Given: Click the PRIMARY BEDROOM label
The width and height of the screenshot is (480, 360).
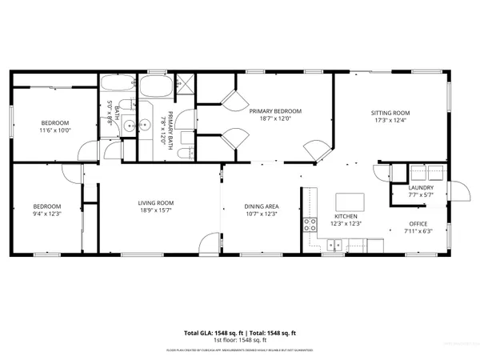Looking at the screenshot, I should pyautogui.click(x=274, y=111).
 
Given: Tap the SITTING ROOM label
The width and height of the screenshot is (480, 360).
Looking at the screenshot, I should pyautogui.click(x=390, y=113).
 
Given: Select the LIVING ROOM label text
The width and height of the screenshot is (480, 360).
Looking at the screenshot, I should pyautogui.click(x=156, y=204).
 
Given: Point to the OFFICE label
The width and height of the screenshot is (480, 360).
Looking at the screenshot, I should pyautogui.click(x=418, y=223).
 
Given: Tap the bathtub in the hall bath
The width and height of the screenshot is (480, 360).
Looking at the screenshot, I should pyautogui.click(x=118, y=85).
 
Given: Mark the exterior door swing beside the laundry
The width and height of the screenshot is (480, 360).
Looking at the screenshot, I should pyautogui.click(x=458, y=190).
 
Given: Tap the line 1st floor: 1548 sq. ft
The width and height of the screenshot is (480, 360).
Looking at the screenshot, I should pyautogui.click(x=240, y=339).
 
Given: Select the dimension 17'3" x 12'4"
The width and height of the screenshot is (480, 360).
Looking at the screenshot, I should pyautogui.click(x=390, y=121).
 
